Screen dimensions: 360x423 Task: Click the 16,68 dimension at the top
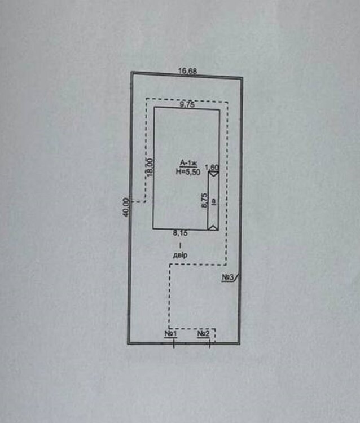click(x=188, y=71)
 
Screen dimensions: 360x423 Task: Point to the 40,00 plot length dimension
click(x=126, y=207)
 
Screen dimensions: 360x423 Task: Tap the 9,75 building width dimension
click(x=187, y=104)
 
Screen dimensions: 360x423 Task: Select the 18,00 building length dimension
click(x=150, y=168)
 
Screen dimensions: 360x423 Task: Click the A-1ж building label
click(x=188, y=163)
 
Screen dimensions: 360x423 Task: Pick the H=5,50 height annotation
click(x=188, y=171)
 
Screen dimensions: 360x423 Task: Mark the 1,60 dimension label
click(x=212, y=168)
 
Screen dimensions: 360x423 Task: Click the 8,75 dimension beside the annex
click(x=205, y=200)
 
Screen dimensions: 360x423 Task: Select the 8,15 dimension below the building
click(x=180, y=233)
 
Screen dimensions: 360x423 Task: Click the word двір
click(x=180, y=255)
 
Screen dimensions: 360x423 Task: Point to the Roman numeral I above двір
click(x=180, y=245)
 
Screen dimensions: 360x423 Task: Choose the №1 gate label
click(x=171, y=334)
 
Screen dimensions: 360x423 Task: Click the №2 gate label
click(x=204, y=334)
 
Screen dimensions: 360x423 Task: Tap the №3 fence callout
click(x=228, y=277)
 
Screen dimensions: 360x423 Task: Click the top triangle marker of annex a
click(x=214, y=174)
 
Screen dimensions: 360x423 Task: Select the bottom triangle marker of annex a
click(x=213, y=227)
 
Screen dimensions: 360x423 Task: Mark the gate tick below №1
click(x=174, y=343)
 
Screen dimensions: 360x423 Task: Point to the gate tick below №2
click(x=210, y=343)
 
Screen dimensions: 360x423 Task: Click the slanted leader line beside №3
click(x=236, y=277)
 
